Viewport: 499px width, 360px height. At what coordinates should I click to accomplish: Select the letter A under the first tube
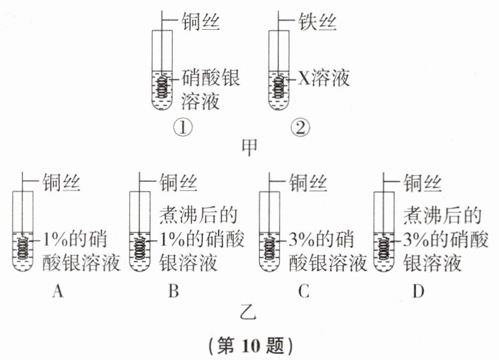coord(58,291)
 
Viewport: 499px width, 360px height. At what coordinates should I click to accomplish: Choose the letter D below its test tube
coord(418,291)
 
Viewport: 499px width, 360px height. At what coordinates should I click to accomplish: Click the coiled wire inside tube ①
coord(162,88)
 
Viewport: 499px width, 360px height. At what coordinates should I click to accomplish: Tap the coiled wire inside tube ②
coord(278,88)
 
